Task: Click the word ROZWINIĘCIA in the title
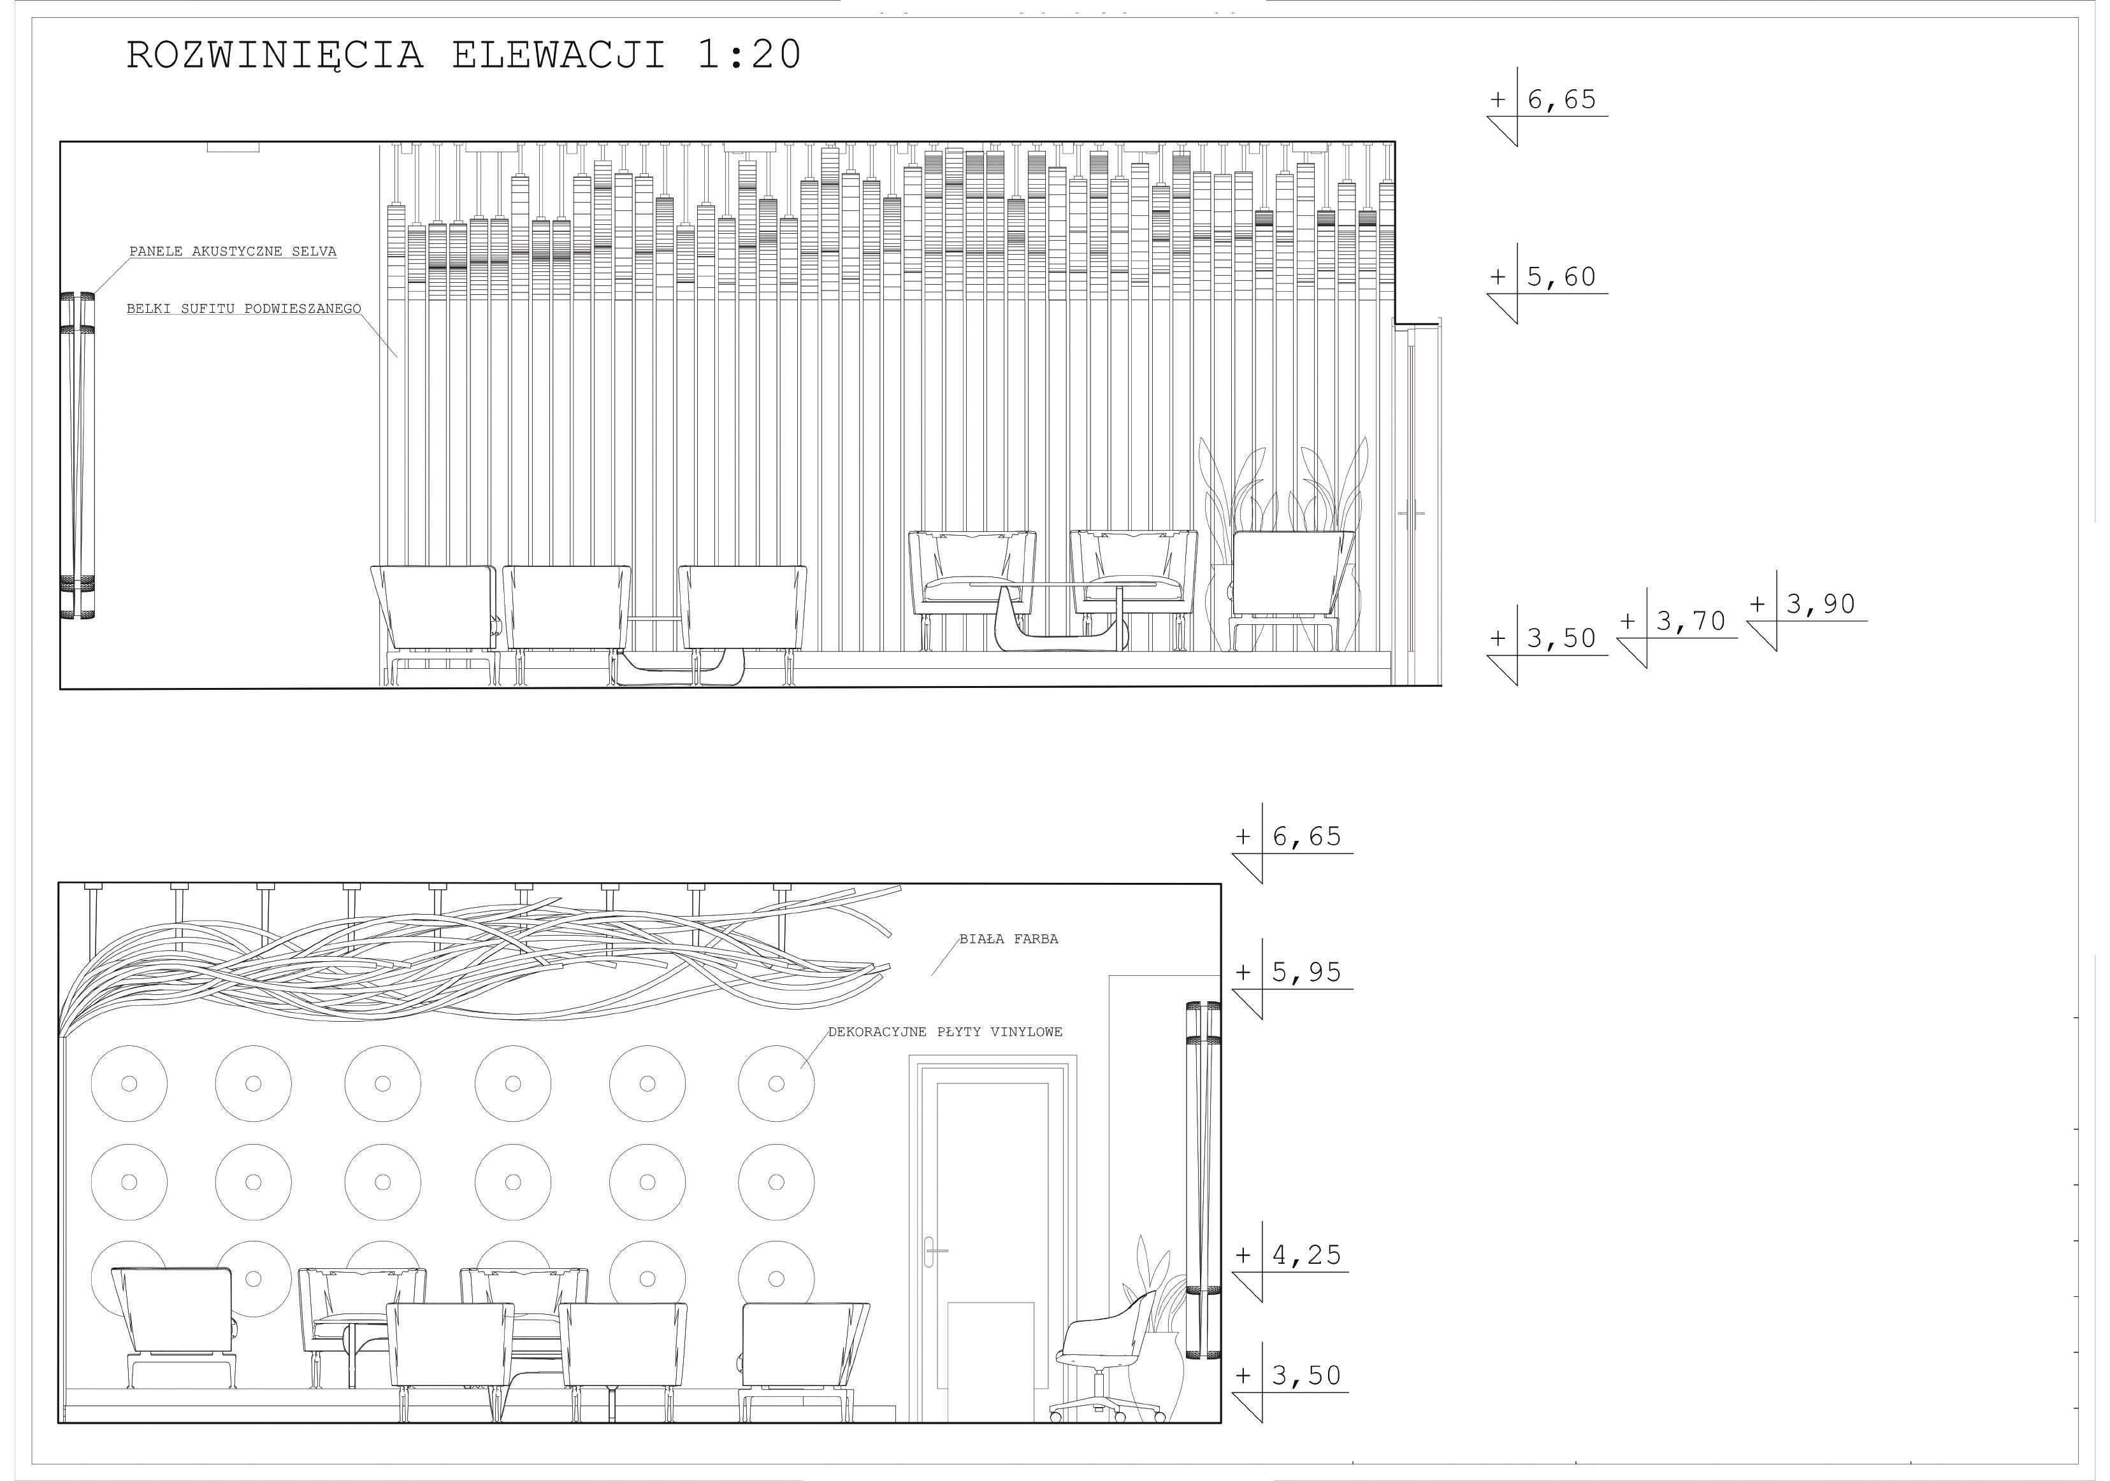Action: point(275,55)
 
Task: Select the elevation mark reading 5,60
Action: point(1547,283)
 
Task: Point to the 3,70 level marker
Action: point(1677,627)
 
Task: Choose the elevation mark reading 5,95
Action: point(1292,978)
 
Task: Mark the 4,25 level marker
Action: point(1290,1261)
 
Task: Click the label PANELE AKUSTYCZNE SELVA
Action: point(233,251)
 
